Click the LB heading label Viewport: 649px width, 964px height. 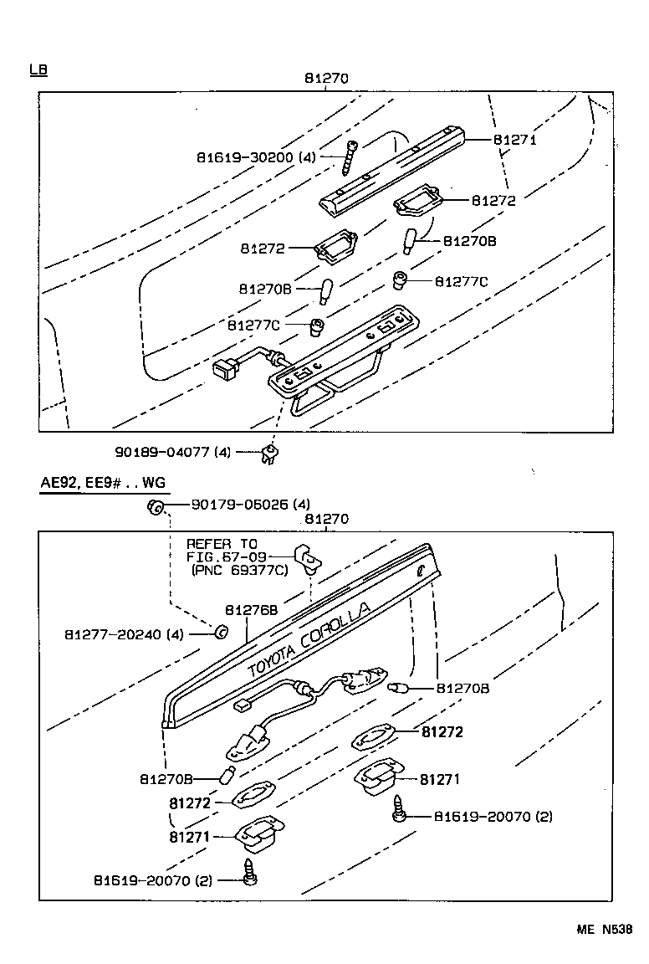[38, 69]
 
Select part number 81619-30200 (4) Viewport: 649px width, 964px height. [256, 156]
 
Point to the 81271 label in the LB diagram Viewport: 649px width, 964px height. [514, 140]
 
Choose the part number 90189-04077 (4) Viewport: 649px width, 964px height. [172, 452]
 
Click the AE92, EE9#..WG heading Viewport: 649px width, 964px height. [103, 484]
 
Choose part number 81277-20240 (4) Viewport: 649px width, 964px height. [123, 633]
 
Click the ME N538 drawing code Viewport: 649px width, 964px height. [603, 929]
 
